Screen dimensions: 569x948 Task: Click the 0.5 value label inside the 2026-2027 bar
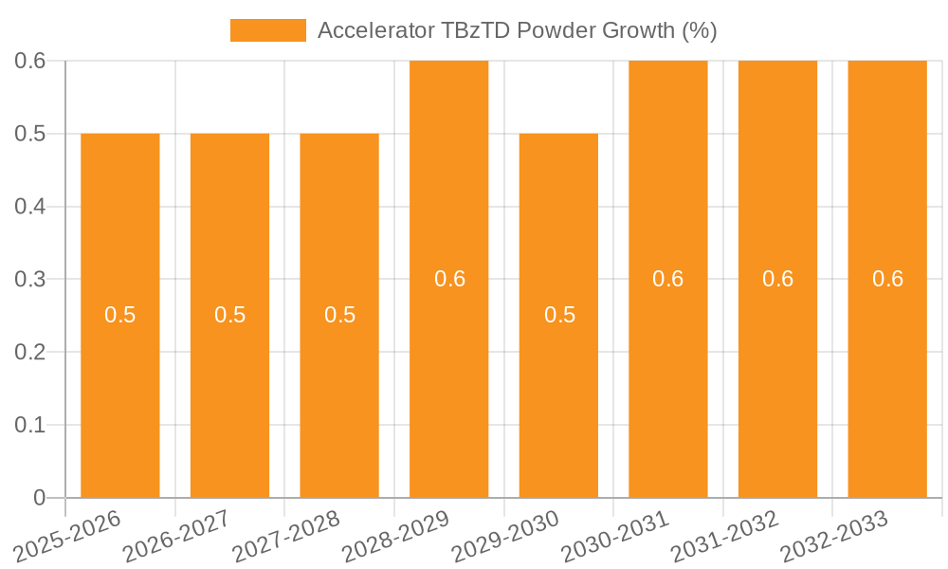point(229,315)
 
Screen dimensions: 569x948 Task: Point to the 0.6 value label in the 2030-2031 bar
point(668,279)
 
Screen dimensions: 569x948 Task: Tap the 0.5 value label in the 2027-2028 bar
point(339,315)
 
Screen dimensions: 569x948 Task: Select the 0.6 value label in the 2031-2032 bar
point(778,279)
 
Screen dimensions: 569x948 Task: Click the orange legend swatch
point(268,30)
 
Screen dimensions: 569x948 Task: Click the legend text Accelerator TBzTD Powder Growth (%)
point(517,30)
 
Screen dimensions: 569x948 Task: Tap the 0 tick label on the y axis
point(39,498)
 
